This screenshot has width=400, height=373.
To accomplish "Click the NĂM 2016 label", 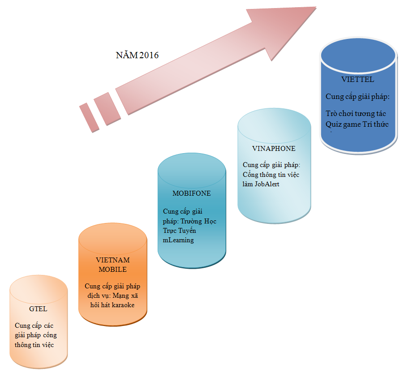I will (x=138, y=56).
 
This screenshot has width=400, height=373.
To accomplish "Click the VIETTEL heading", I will (x=357, y=80).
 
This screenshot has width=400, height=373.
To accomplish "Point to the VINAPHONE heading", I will (x=274, y=149).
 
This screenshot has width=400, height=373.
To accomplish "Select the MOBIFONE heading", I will (x=192, y=193).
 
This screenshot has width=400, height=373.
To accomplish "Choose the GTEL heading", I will (x=38, y=309).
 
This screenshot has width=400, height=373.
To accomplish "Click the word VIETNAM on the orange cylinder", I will (x=113, y=260).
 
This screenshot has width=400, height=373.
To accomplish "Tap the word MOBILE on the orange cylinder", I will (x=112, y=270).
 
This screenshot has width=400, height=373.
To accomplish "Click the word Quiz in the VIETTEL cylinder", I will (x=334, y=124).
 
